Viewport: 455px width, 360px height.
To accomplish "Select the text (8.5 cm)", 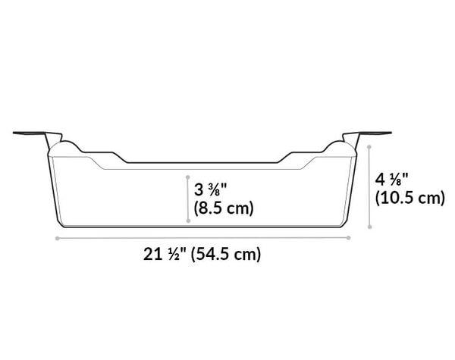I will tap(223, 207).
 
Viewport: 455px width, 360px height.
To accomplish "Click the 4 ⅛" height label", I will tap(393, 180).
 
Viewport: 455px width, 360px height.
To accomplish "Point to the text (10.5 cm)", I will tap(409, 199).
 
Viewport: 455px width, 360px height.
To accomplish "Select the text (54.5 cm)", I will tap(227, 255).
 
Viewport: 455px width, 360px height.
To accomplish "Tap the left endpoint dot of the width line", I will tap(58, 237).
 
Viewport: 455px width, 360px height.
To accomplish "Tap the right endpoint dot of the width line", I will tap(350, 237).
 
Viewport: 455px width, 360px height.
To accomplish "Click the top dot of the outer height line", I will tap(369, 143).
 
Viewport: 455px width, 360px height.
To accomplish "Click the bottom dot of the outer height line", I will tap(369, 225).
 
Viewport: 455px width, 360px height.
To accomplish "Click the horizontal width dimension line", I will tap(203, 237).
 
